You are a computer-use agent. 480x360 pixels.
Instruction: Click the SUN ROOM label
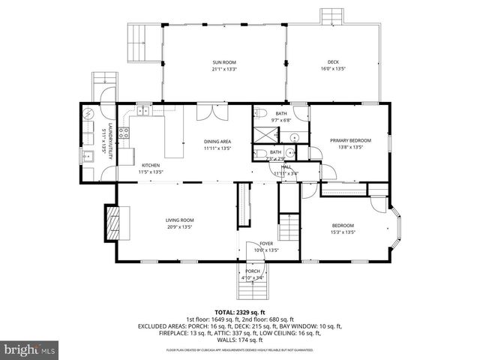(x=224, y=62)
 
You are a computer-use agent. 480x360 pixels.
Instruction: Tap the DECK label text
(x=332, y=62)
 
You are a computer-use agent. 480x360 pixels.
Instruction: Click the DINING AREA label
(x=217, y=141)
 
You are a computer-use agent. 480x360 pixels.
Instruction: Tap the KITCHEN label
(x=150, y=165)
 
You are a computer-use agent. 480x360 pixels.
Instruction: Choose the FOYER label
(x=267, y=244)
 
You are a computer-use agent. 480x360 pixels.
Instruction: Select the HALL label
(x=286, y=167)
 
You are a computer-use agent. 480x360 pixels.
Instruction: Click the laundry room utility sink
(x=88, y=156)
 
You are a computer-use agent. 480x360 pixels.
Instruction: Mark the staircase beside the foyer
(x=289, y=226)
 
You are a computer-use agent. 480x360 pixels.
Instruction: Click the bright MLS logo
(x=30, y=349)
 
